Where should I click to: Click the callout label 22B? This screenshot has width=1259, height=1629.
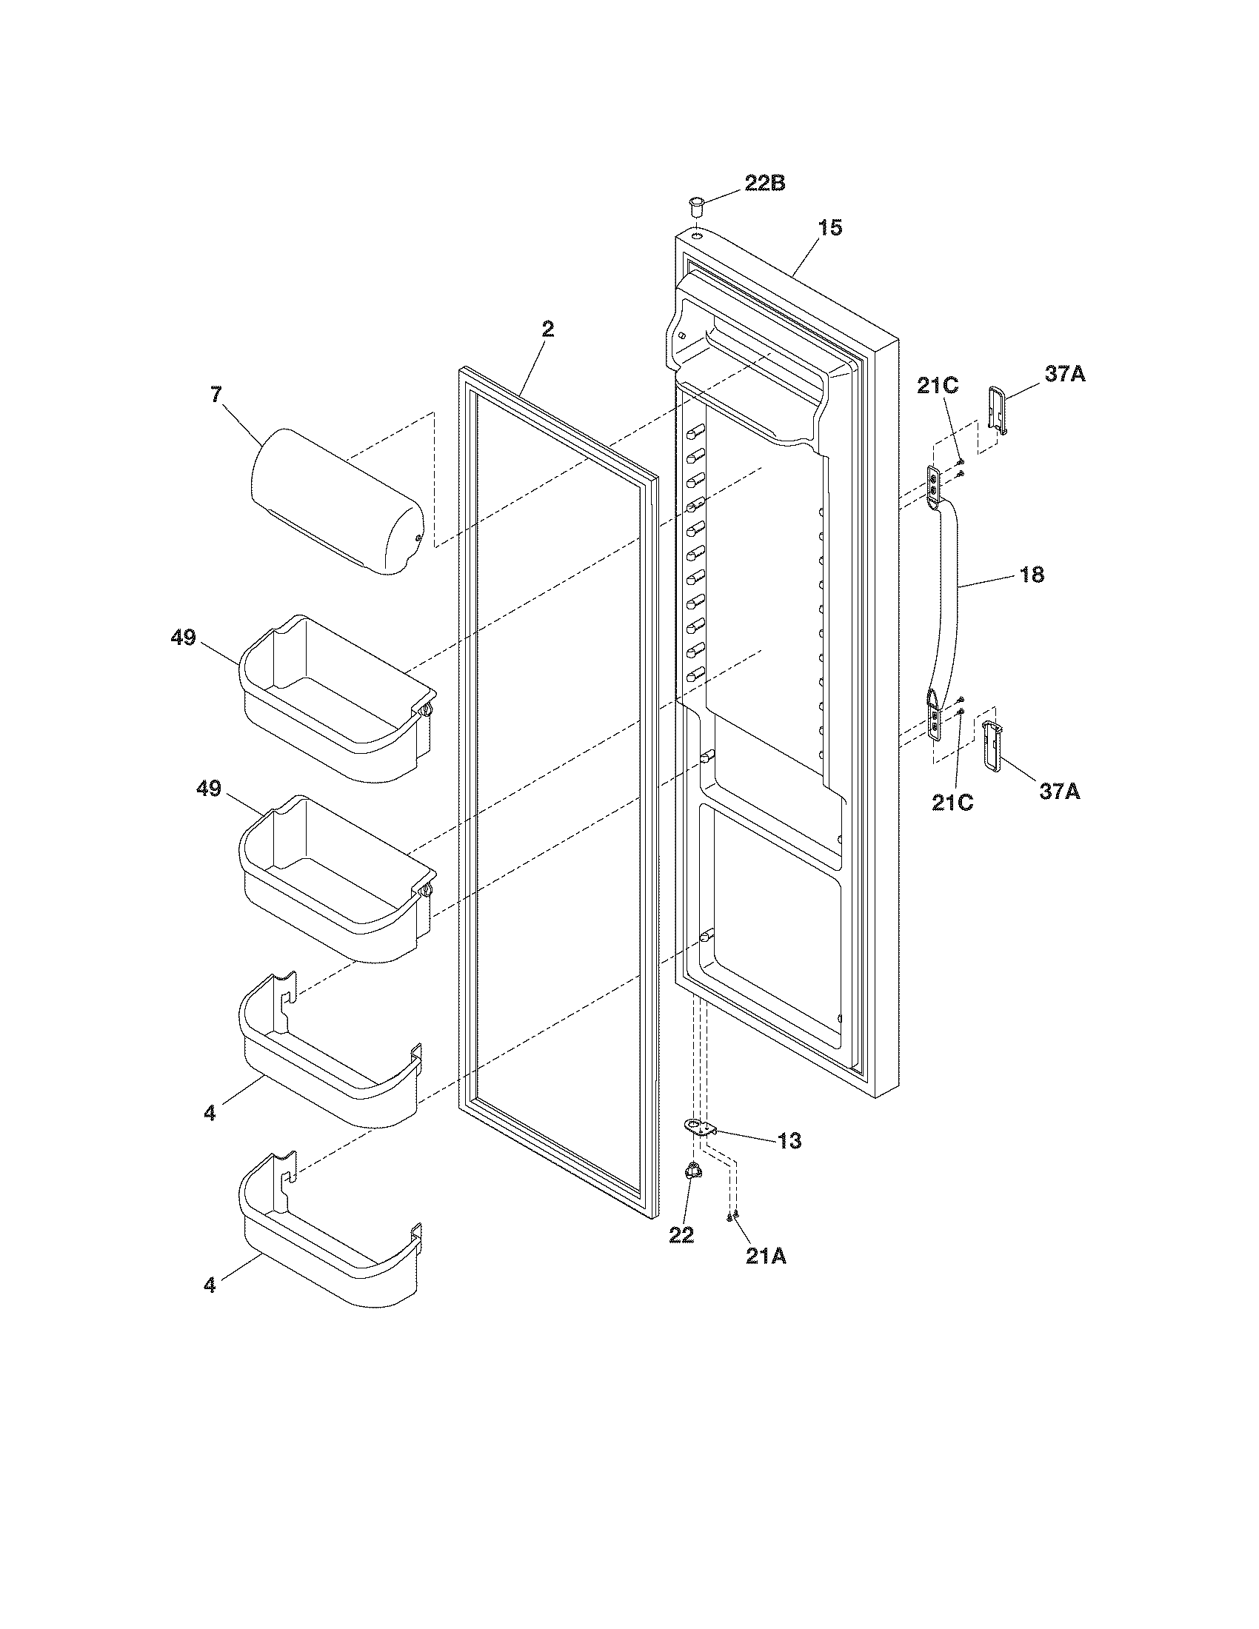764,184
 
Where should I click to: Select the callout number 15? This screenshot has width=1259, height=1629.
829,227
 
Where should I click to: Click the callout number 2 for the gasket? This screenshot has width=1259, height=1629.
547,329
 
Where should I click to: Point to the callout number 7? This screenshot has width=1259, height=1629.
216,395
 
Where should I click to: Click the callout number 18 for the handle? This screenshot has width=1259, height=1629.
1032,575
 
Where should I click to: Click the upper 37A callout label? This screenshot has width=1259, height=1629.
1064,375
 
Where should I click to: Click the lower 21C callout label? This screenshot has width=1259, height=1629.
952,803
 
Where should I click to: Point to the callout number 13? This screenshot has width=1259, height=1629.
789,1140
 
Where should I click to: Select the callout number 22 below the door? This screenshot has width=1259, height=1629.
681,1235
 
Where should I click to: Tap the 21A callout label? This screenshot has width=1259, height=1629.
766,1257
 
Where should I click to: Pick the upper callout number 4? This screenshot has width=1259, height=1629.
210,1134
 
